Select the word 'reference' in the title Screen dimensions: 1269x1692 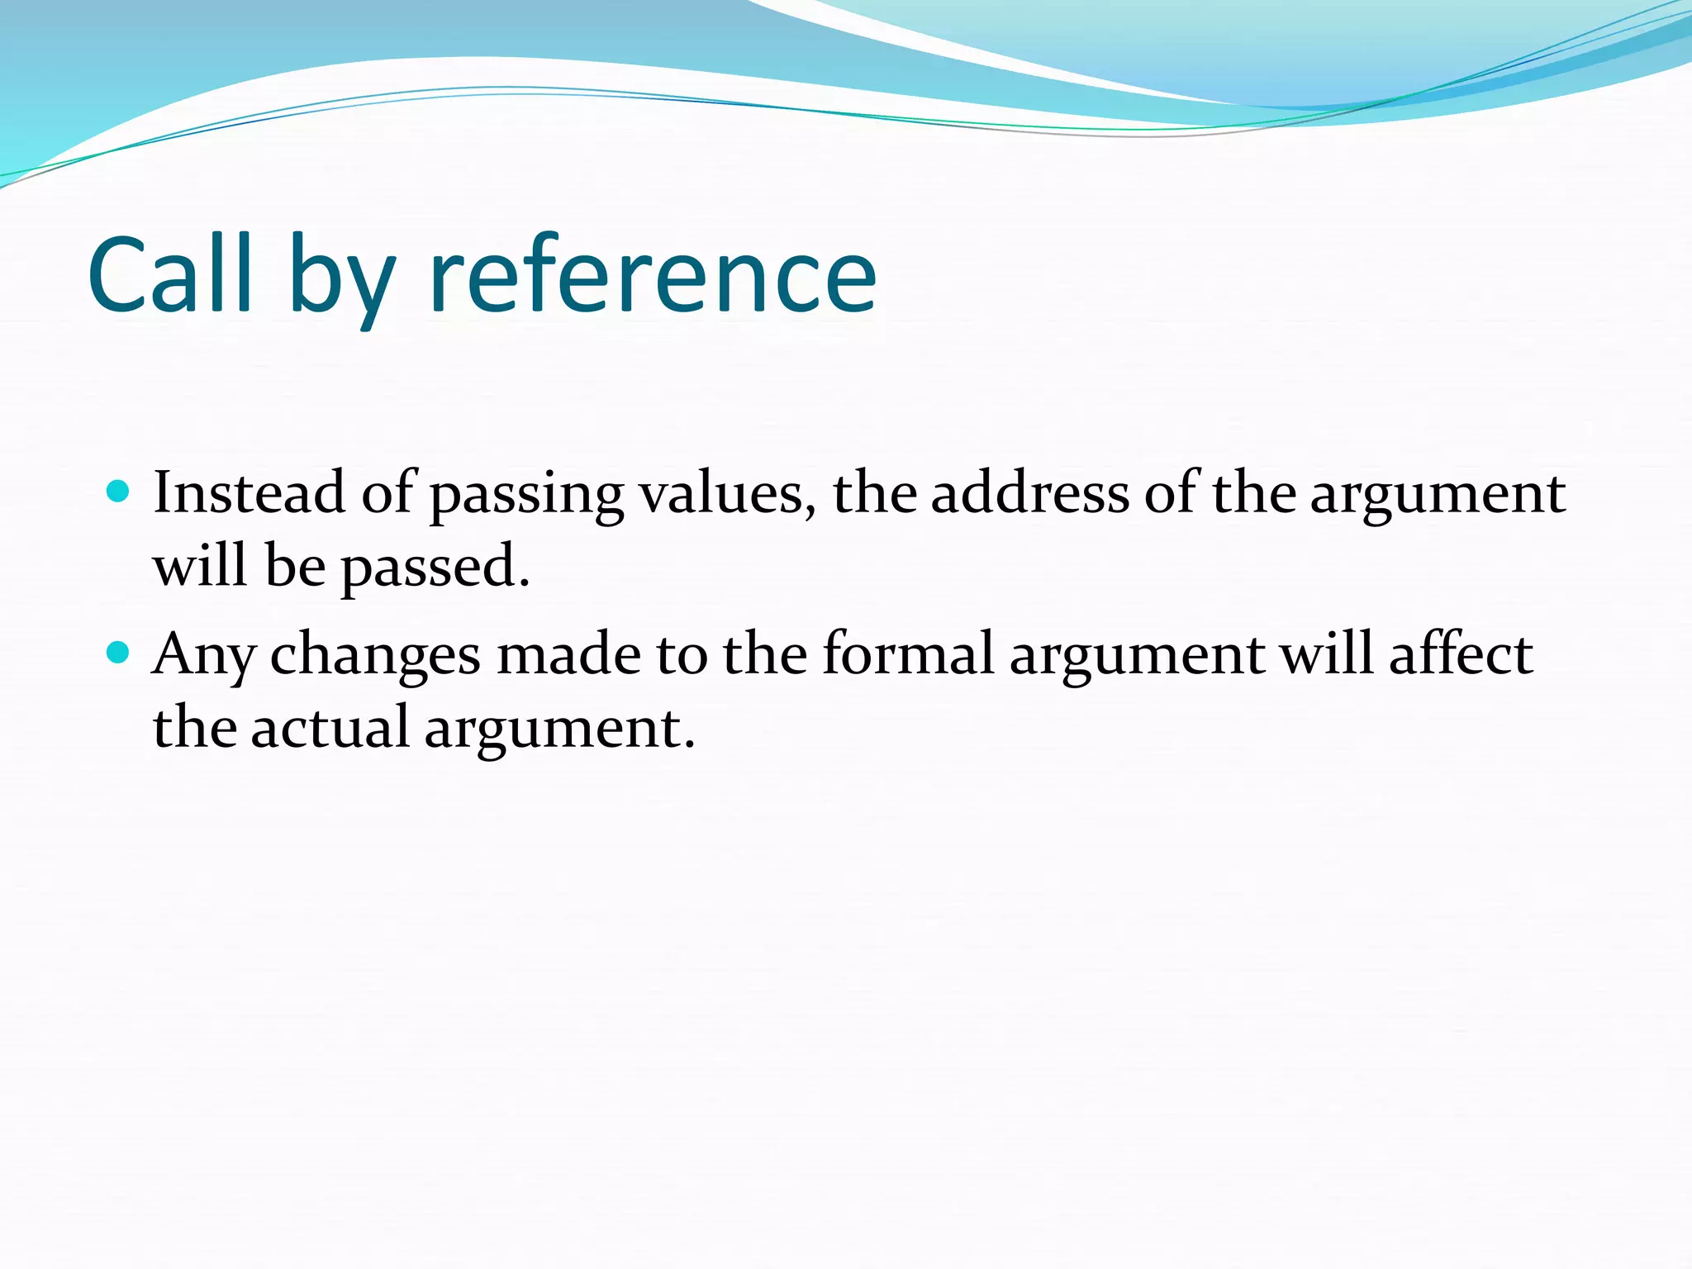(653, 277)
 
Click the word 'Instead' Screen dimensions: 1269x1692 (249, 492)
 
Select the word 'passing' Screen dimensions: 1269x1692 (526, 496)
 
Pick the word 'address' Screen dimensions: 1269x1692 (1029, 492)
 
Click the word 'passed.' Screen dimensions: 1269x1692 (435, 568)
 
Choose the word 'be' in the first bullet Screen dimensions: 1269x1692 (295, 566)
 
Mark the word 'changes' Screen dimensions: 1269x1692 (375, 657)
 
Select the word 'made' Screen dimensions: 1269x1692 (569, 654)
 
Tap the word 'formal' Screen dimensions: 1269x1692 (908, 654)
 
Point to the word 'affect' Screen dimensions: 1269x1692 (1460, 654)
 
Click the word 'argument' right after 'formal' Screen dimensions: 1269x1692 (1137, 657)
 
